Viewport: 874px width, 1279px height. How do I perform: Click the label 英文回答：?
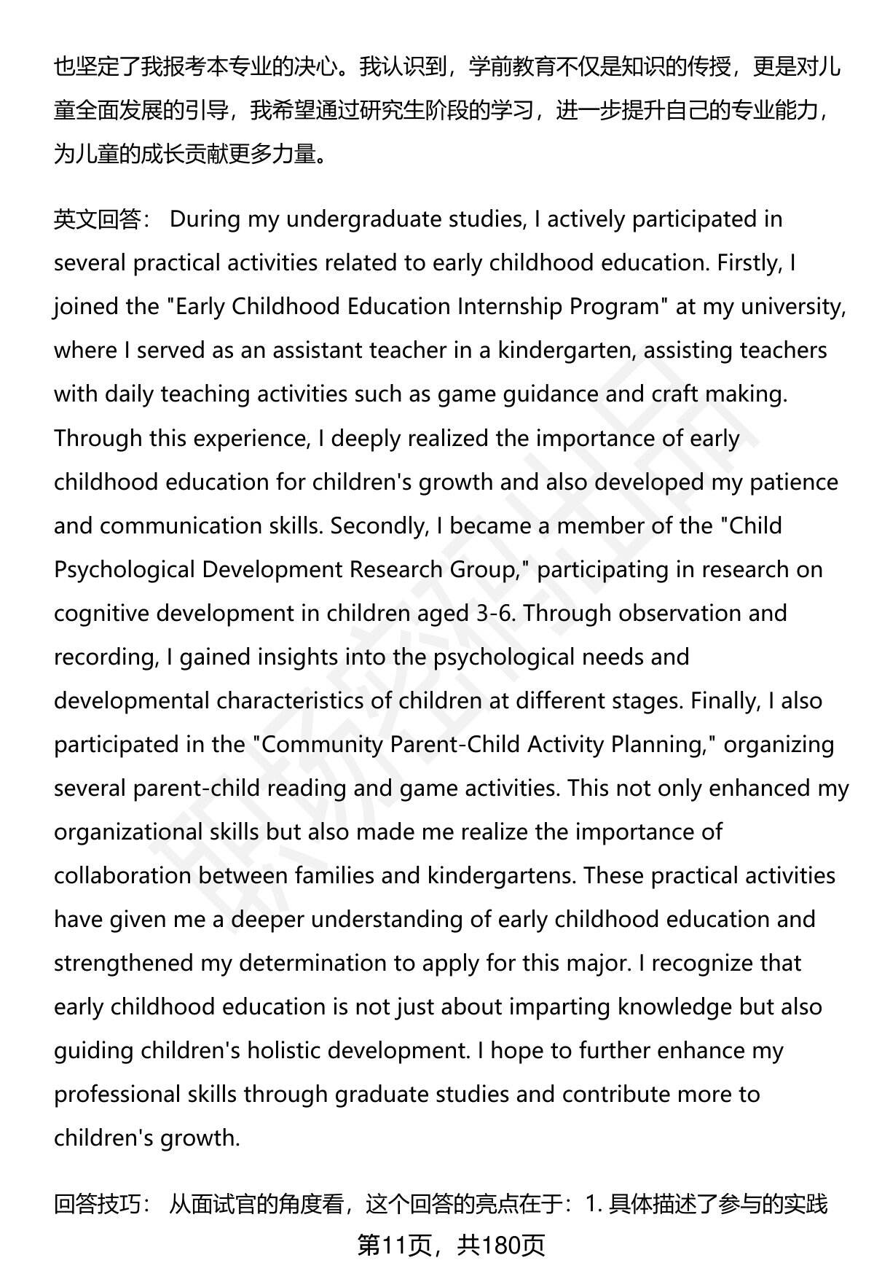click(101, 219)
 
